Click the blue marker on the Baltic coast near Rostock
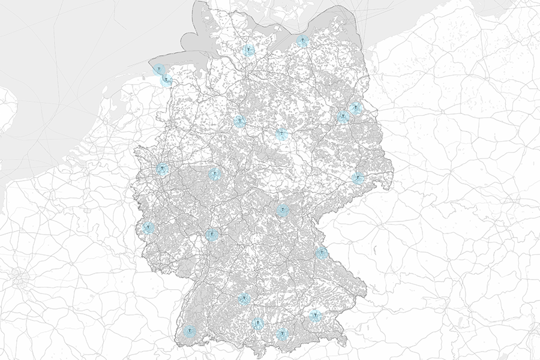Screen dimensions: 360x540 (x=303, y=41)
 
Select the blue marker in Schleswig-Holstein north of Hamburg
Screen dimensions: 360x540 (x=249, y=50)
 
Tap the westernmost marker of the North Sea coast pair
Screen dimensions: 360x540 (x=158, y=70)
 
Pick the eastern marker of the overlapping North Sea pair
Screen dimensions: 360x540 (x=167, y=80)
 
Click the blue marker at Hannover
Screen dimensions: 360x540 (x=239, y=122)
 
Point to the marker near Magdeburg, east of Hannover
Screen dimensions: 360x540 (x=281, y=134)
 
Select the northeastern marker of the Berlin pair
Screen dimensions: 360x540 (x=356, y=108)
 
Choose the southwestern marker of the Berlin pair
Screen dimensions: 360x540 (x=343, y=116)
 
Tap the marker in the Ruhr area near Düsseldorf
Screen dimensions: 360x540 (x=162, y=169)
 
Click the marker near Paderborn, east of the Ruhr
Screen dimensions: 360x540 (x=214, y=174)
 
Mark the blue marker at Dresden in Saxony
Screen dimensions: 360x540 (x=358, y=178)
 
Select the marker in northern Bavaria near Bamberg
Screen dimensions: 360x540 (x=282, y=210)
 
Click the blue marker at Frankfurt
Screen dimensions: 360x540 (x=211, y=235)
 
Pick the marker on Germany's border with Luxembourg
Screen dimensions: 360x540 (x=148, y=227)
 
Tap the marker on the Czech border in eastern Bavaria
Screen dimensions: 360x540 (x=322, y=253)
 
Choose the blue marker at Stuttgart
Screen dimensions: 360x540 (x=244, y=299)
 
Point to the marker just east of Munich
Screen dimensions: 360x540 (x=315, y=315)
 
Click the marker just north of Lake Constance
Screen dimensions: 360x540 (x=258, y=324)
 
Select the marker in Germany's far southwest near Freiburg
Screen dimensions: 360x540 (x=190, y=331)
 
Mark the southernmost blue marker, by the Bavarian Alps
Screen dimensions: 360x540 (x=282, y=334)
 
